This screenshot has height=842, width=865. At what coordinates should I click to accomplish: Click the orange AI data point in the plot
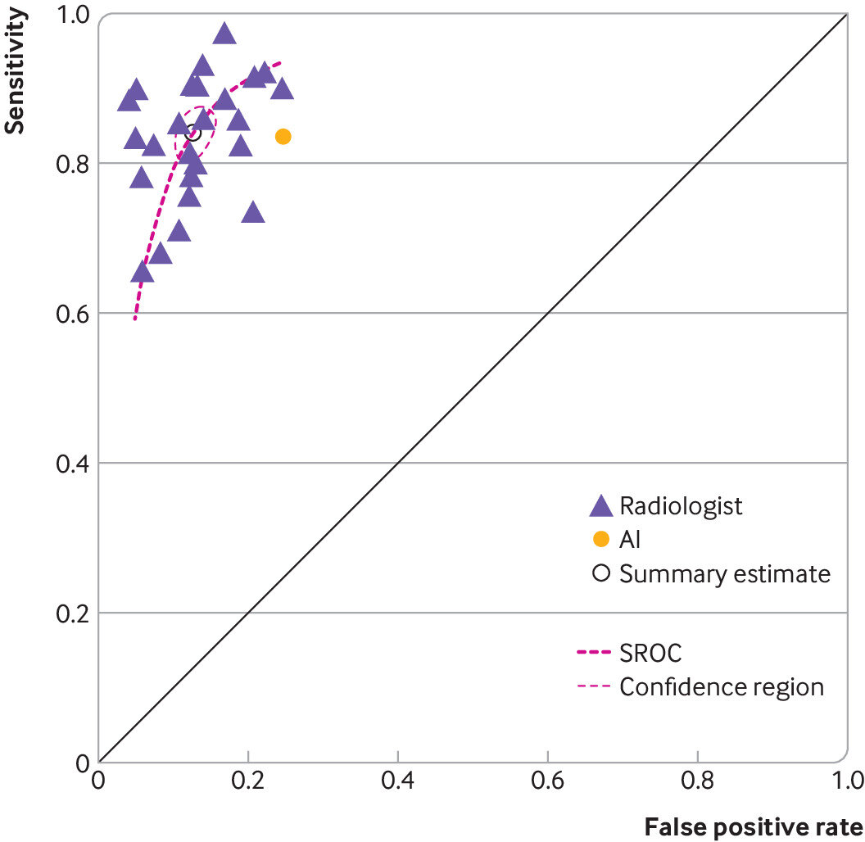(283, 136)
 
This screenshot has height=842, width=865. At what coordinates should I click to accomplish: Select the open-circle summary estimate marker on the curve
(193, 133)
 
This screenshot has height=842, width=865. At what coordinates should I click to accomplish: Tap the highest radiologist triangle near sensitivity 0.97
(224, 34)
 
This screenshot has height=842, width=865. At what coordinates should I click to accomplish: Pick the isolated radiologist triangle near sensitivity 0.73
(252, 212)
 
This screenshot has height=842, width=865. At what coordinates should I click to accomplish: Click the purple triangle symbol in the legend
(601, 506)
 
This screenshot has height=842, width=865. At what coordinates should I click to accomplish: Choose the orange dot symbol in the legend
(601, 539)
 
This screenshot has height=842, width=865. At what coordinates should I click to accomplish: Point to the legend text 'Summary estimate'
(724, 573)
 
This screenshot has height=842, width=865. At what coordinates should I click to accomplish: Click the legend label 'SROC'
(650, 654)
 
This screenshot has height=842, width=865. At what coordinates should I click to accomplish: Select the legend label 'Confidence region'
(721, 686)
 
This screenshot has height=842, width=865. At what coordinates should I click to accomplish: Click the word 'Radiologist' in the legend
(681, 505)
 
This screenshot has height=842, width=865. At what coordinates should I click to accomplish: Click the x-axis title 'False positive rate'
(754, 826)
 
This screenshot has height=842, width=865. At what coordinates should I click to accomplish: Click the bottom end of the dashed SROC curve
(135, 318)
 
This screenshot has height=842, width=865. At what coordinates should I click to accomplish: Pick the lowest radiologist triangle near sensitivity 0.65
(142, 272)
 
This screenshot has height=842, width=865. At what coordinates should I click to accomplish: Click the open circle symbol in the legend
(601, 573)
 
